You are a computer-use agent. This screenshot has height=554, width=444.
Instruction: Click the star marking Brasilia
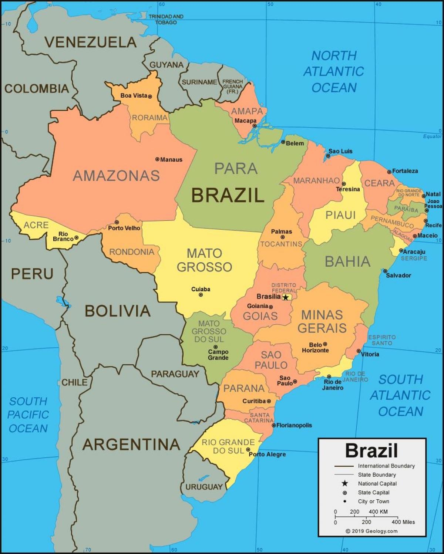coord(286,297)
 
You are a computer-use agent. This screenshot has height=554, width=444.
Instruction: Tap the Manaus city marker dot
coord(157,159)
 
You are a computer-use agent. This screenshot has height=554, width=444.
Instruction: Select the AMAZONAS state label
coord(116,175)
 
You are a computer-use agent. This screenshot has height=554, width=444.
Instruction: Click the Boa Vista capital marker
coord(150,96)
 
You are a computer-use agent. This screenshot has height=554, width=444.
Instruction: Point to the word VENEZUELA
coord(91,42)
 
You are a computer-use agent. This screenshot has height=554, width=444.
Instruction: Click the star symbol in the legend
coord(345,483)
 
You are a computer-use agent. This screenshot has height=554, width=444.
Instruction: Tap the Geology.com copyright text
coord(371,531)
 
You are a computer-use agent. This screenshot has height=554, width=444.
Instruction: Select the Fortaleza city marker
coord(389,172)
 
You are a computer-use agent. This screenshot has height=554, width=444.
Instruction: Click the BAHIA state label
coord(347,261)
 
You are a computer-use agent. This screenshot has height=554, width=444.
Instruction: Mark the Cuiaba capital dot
coord(201,295)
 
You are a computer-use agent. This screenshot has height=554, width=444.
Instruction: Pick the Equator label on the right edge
coord(432,136)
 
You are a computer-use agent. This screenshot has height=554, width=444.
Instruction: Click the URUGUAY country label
coord(204,487)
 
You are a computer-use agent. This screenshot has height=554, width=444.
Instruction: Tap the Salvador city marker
coord(385,271)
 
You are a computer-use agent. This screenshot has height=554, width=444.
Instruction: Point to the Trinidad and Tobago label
coord(166,19)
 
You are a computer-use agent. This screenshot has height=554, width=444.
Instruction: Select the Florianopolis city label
coord(294,425)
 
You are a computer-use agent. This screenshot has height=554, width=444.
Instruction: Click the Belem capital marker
coord(283,142)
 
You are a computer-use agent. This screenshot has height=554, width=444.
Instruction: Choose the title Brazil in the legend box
coord(371,450)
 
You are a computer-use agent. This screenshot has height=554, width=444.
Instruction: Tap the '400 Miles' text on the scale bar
coord(403,522)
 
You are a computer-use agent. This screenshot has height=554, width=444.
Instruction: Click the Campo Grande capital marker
coord(216,347)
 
